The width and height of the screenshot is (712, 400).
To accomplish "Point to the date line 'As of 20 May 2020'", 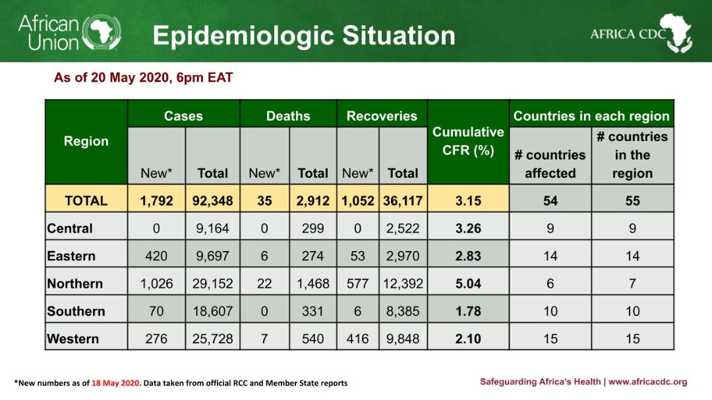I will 143,78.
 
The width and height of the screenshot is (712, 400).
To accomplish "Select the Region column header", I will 86,141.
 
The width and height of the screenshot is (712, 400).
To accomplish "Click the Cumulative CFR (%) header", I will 468,141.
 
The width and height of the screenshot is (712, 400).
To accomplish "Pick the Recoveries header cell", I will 382,116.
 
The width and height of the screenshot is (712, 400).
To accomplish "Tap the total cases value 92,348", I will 212,200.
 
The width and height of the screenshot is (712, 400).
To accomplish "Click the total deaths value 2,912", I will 312,200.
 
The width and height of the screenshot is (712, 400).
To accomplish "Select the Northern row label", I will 75,284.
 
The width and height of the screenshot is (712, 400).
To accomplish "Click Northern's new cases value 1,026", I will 156,284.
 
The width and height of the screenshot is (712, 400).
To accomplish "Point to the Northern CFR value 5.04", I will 468,284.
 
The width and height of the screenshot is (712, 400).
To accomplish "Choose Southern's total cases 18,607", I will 212,312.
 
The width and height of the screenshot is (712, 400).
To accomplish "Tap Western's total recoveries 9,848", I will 403,339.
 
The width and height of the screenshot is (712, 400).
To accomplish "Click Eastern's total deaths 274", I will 312,256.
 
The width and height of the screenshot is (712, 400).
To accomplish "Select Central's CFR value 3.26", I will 468,229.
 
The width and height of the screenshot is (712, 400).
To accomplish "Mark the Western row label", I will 73,339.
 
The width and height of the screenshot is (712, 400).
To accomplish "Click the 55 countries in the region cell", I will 632,200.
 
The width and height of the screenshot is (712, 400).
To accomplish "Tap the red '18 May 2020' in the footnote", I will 116,383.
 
